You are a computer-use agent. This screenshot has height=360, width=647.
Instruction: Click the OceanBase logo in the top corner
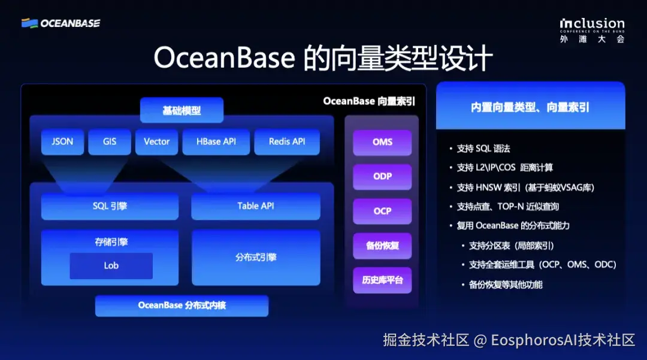tap(61, 23)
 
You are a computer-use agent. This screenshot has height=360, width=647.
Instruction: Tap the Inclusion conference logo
tap(592, 29)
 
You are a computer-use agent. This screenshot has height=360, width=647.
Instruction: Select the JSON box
tap(62, 142)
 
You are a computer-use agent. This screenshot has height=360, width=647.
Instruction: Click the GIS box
tap(109, 142)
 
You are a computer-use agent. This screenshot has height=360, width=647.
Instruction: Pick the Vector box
tap(156, 142)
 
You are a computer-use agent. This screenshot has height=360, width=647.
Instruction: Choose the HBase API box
tap(216, 142)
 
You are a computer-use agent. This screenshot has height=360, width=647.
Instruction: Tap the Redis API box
tap(286, 142)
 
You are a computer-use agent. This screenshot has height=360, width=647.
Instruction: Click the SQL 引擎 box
tap(110, 206)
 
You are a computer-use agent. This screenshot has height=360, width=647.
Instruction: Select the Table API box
tap(256, 206)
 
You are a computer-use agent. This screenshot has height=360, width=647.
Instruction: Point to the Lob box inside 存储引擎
tap(111, 266)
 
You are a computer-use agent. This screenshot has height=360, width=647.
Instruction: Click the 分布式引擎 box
tap(256, 258)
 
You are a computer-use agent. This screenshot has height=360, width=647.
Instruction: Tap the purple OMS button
tap(382, 143)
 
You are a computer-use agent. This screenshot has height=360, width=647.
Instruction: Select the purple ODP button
tap(382, 177)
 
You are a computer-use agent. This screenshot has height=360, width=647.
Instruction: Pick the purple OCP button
tap(382, 211)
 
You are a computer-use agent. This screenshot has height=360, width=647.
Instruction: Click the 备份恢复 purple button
tap(382, 246)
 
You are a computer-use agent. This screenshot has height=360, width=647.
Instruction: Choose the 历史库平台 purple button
tap(382, 280)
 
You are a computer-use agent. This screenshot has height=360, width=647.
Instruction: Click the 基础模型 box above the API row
tap(182, 111)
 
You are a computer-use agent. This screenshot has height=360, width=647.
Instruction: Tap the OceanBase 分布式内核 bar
tap(182, 305)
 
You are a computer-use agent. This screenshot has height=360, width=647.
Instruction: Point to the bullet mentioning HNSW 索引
tap(525, 187)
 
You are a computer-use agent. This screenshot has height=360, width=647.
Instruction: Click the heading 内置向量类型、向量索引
tap(530, 107)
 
